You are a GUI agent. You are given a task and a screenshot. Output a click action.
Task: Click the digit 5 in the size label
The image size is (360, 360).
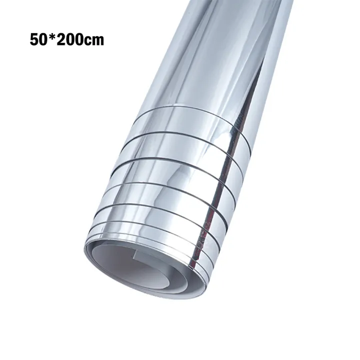click(34, 40)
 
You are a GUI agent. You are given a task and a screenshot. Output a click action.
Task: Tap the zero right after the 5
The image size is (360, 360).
click(43, 40)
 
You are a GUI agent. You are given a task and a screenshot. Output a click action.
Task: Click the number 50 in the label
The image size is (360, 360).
click(38, 40)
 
